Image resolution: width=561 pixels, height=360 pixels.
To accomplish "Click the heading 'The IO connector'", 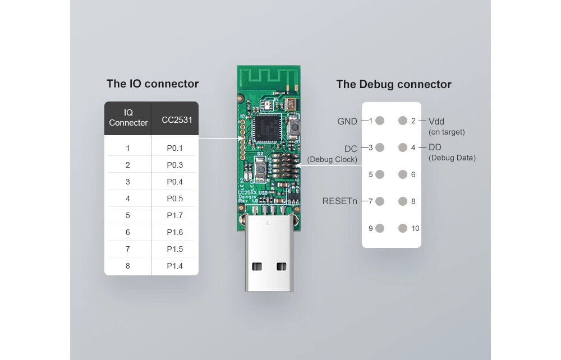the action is coord(153,84).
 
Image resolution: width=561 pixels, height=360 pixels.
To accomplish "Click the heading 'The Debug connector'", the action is coord(394,84).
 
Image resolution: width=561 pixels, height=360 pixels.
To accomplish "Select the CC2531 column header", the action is coord(177,120).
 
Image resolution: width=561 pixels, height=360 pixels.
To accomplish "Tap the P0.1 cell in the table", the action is coord(174,148).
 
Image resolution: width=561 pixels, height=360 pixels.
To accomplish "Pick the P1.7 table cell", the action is coord(174,215).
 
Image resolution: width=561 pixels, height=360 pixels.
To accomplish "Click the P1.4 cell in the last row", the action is coord(174,266).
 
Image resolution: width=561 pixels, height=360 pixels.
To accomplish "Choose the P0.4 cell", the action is coord(174,182).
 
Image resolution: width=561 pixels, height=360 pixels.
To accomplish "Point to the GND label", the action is coord(347,122).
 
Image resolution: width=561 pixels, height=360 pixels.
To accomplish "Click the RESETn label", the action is coord(339,201).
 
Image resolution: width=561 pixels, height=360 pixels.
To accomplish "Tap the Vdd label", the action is coord(436,122).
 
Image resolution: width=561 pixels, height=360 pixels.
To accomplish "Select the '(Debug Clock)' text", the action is coord(332,159).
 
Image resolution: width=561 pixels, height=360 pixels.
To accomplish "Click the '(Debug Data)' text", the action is coord(452,158).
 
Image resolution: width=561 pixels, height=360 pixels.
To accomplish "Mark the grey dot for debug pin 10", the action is coord(403,228).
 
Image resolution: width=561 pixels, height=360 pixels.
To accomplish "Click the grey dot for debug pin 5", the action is coord(380,174).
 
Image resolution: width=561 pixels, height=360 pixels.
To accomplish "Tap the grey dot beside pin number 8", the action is coord(403,201).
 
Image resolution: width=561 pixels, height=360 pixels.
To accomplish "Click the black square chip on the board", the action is coord(265,129).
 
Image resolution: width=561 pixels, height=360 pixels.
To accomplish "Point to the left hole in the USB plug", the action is coord(257,266).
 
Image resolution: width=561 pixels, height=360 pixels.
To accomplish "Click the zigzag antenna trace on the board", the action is coord(269,77).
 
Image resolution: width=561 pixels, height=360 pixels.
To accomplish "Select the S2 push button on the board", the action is coord(261,169).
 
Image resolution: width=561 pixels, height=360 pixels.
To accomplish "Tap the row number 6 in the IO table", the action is coord(128,232).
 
